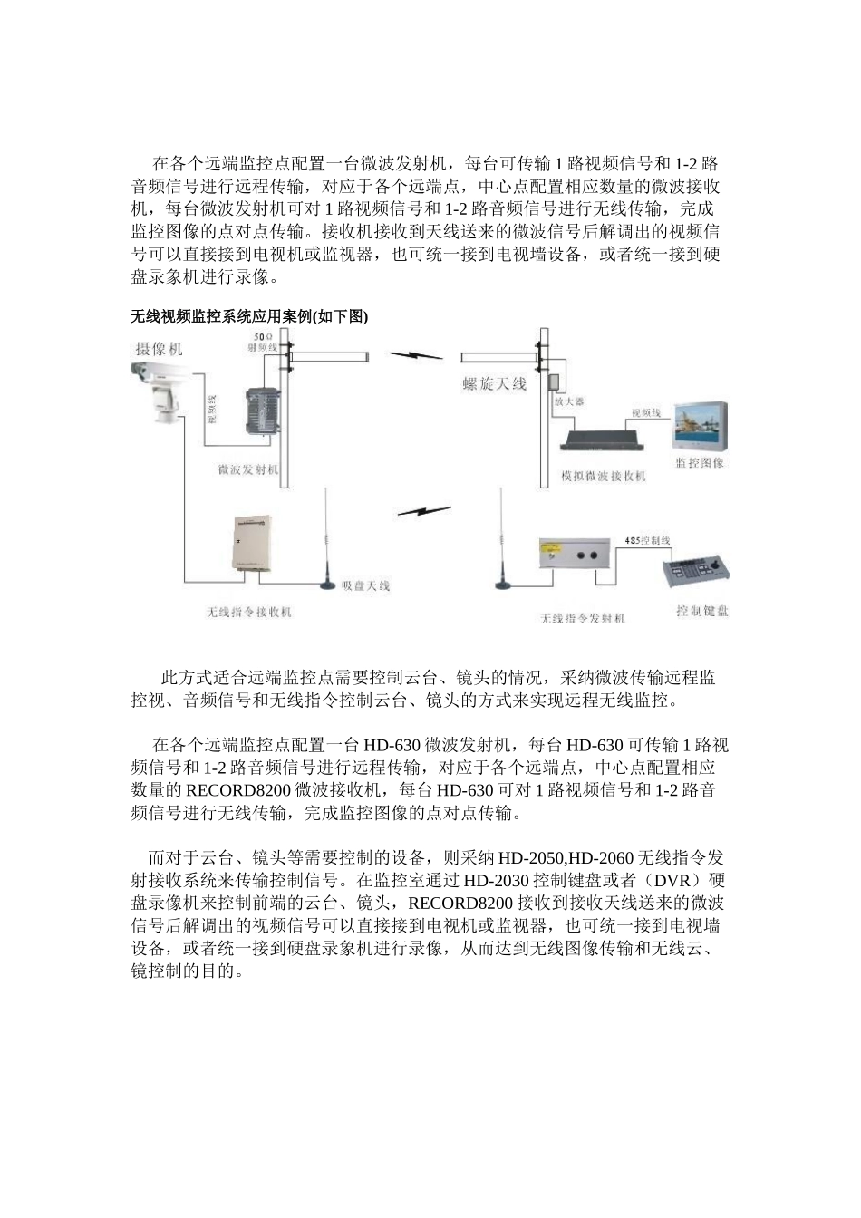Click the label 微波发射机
tap(248, 470)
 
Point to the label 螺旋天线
tap(494, 384)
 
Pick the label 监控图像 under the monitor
tap(701, 463)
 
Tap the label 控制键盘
tap(702, 611)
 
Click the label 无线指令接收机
tap(249, 613)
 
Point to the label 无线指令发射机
tap(583, 618)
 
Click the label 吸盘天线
tap(365, 585)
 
